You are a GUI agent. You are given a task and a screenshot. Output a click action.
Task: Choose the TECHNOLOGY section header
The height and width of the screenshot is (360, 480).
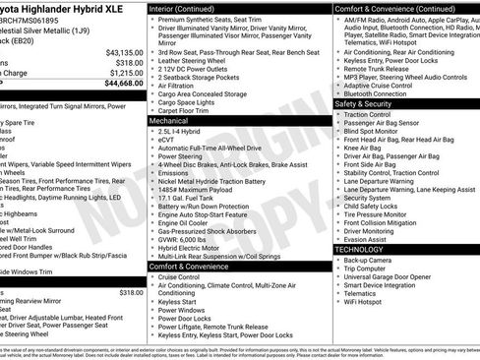pos(361,250)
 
